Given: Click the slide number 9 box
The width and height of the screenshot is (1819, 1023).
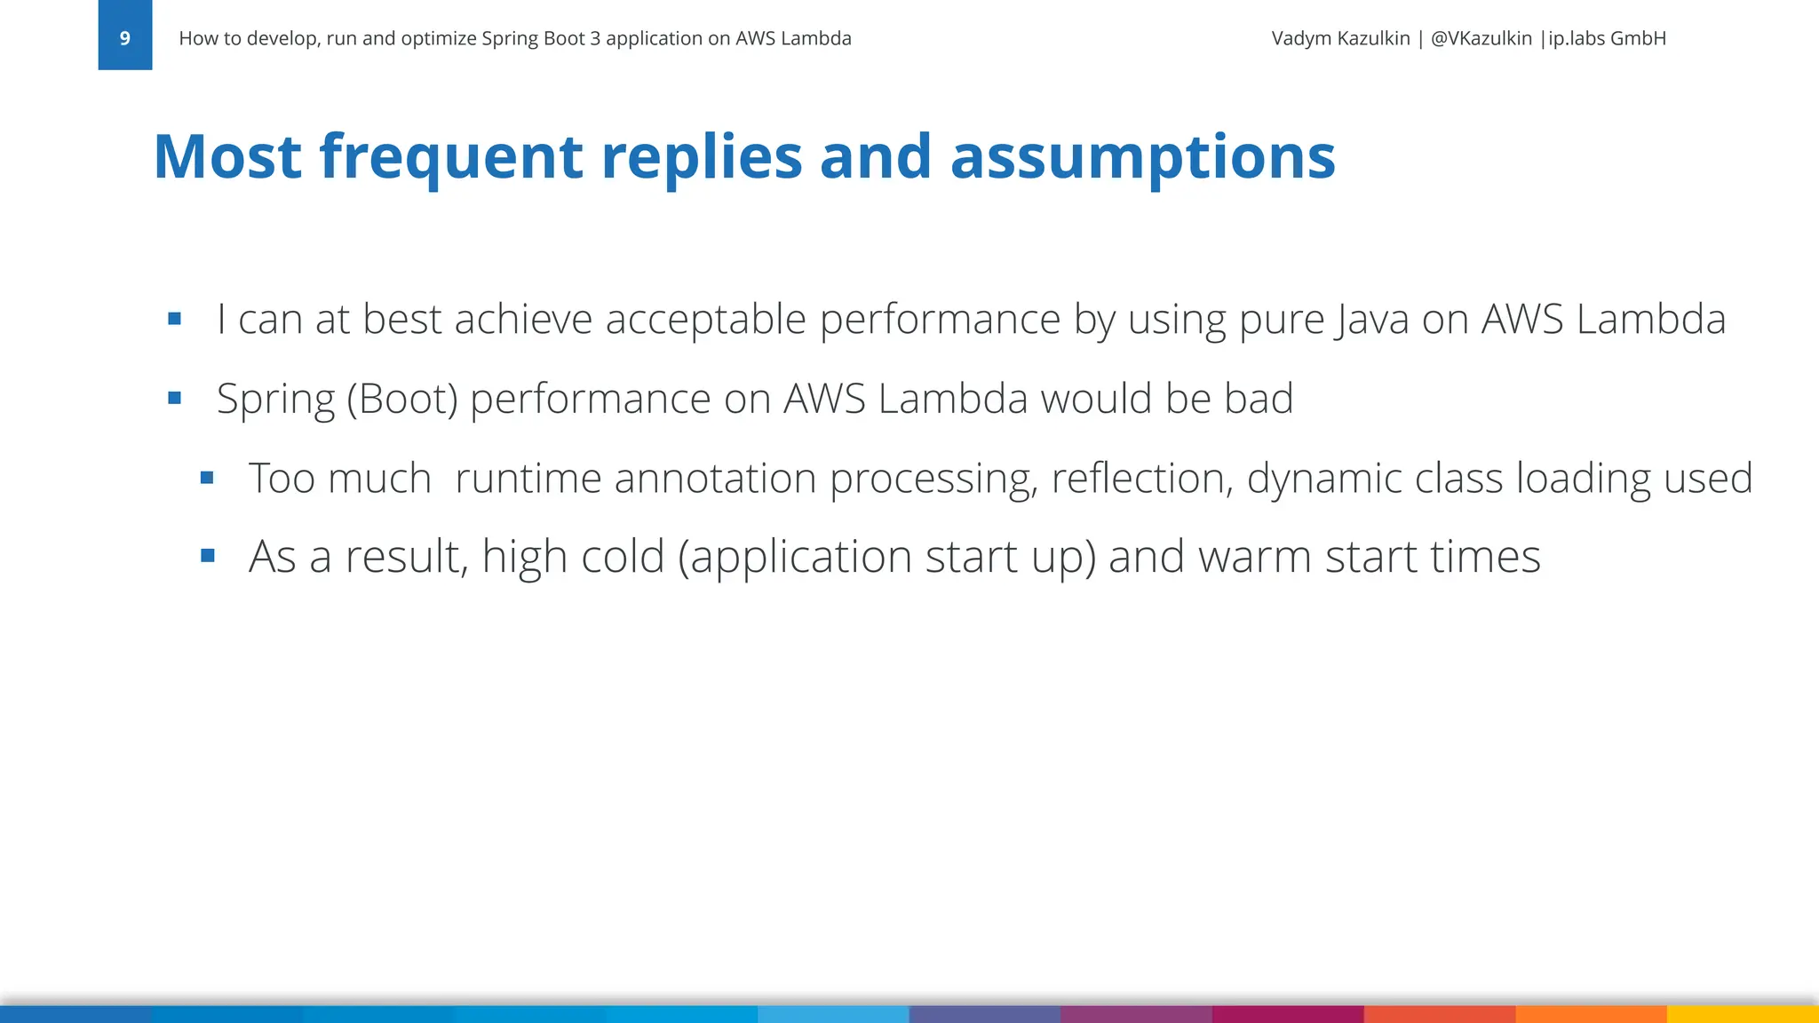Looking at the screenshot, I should point(124,36).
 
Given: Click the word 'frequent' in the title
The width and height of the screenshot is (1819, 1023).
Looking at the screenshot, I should point(450,156).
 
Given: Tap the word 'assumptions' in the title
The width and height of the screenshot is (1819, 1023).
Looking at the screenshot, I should point(1142,156).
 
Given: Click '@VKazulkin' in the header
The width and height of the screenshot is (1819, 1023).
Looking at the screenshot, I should point(1481,38).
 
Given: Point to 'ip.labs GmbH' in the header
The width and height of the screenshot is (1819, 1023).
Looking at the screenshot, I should point(1607,38).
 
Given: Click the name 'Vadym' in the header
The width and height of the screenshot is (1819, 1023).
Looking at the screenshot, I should point(1301,38).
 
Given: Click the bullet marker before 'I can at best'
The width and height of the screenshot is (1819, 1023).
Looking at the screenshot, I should point(174,318).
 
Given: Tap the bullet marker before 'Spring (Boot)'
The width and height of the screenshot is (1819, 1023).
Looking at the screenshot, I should point(174,398).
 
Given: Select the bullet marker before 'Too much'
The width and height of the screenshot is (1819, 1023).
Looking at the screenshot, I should point(207,478).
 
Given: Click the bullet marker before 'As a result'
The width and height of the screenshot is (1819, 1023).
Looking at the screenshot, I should point(207,557).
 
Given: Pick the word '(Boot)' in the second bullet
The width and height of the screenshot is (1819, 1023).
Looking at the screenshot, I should point(401,400).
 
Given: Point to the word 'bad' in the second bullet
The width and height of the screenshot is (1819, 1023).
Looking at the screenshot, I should point(1259,398).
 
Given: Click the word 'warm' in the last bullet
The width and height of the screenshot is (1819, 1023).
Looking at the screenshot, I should point(1254,558).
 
